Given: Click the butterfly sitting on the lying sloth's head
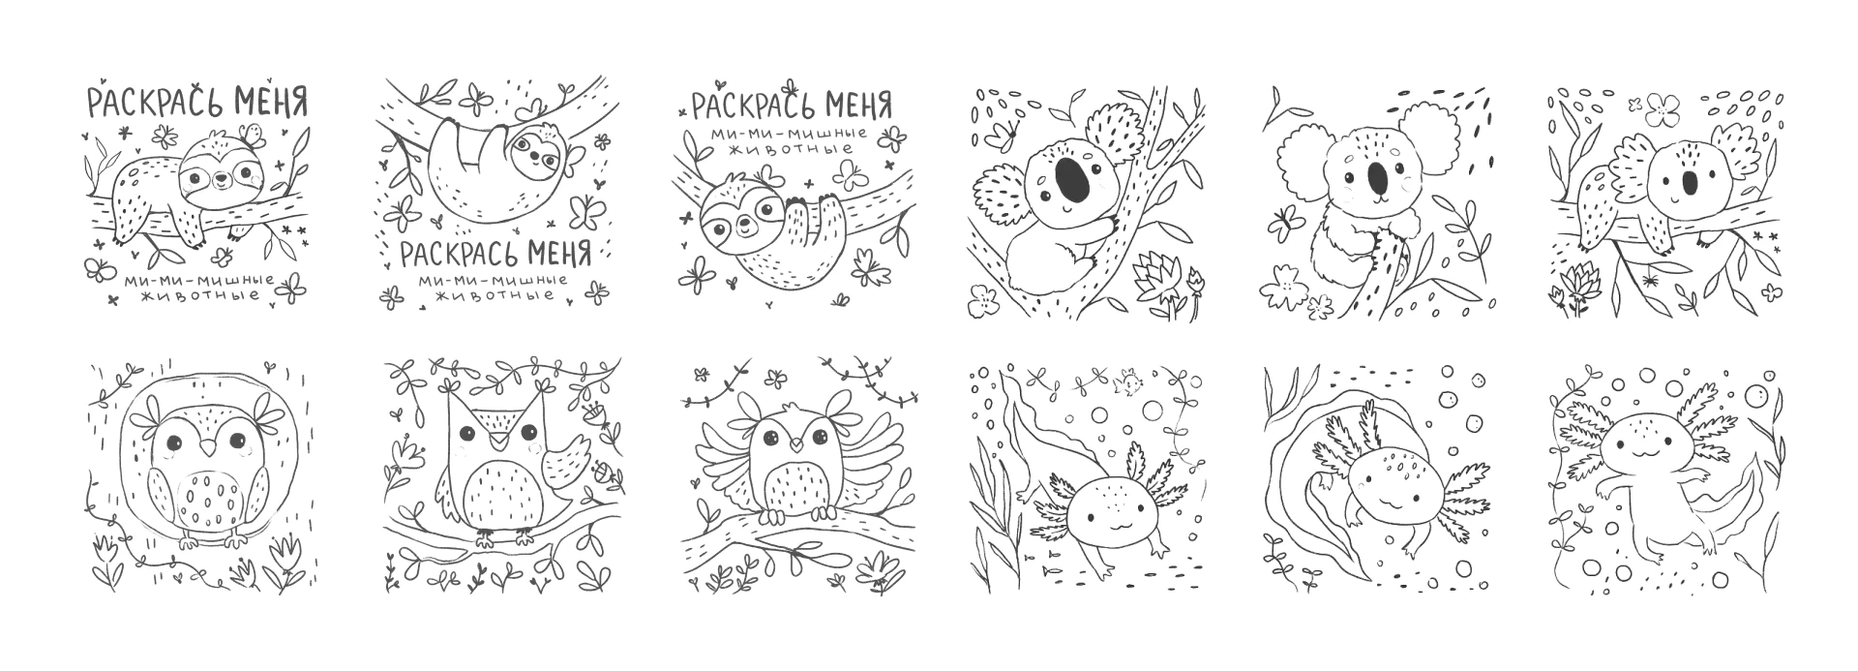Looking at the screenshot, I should point(254,135).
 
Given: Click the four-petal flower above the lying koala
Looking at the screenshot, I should point(1663,110).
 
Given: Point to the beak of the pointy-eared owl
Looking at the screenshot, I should point(497,440).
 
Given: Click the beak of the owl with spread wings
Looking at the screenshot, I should point(794,446).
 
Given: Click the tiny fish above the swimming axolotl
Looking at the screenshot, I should point(1125,385).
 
